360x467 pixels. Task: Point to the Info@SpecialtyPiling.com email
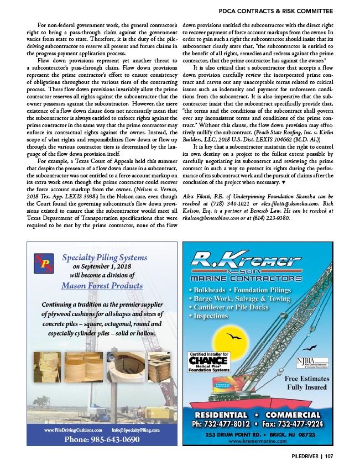pos(135,429)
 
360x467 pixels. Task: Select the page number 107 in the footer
pos(329,456)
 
